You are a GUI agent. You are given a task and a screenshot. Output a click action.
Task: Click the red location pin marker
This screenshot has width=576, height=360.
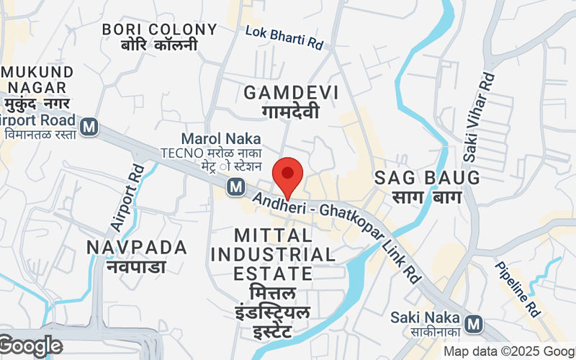click(288, 175)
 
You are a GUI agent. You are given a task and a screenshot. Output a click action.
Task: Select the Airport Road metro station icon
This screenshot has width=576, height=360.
click(89, 127)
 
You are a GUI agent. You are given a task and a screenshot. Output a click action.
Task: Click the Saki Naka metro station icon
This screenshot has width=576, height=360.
click(474, 324)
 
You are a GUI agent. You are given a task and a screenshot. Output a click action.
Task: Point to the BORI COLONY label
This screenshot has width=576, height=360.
click(159, 30)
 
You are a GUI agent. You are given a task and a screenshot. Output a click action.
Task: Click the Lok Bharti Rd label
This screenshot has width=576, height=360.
click(284, 38)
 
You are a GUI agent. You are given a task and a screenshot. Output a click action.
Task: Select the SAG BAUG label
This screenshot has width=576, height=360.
click(426, 178)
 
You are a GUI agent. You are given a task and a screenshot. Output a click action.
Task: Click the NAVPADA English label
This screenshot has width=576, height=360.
click(137, 247)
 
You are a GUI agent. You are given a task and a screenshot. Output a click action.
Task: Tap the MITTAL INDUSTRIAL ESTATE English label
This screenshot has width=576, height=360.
click(273, 254)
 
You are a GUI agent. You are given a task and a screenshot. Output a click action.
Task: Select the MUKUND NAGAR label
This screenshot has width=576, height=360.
click(39, 80)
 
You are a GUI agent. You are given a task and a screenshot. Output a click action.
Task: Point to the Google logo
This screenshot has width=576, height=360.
click(30, 346)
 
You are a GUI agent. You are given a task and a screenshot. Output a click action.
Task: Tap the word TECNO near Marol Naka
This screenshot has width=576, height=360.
click(179, 153)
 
